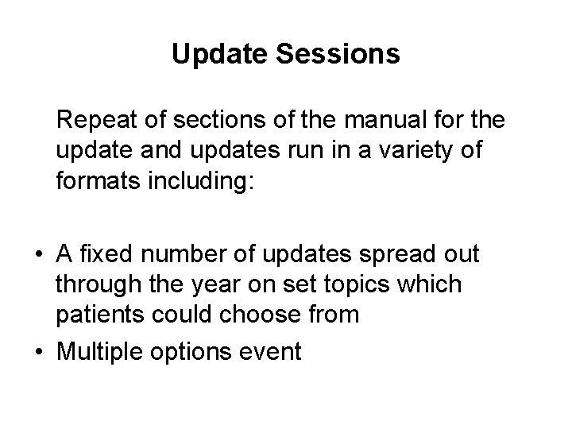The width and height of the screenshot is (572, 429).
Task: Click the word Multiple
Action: click(x=101, y=350)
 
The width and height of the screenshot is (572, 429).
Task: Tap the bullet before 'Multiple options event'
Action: click(x=38, y=350)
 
